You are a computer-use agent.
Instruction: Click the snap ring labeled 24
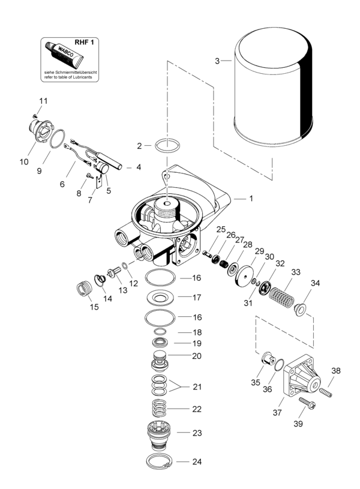tap(160, 462)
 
